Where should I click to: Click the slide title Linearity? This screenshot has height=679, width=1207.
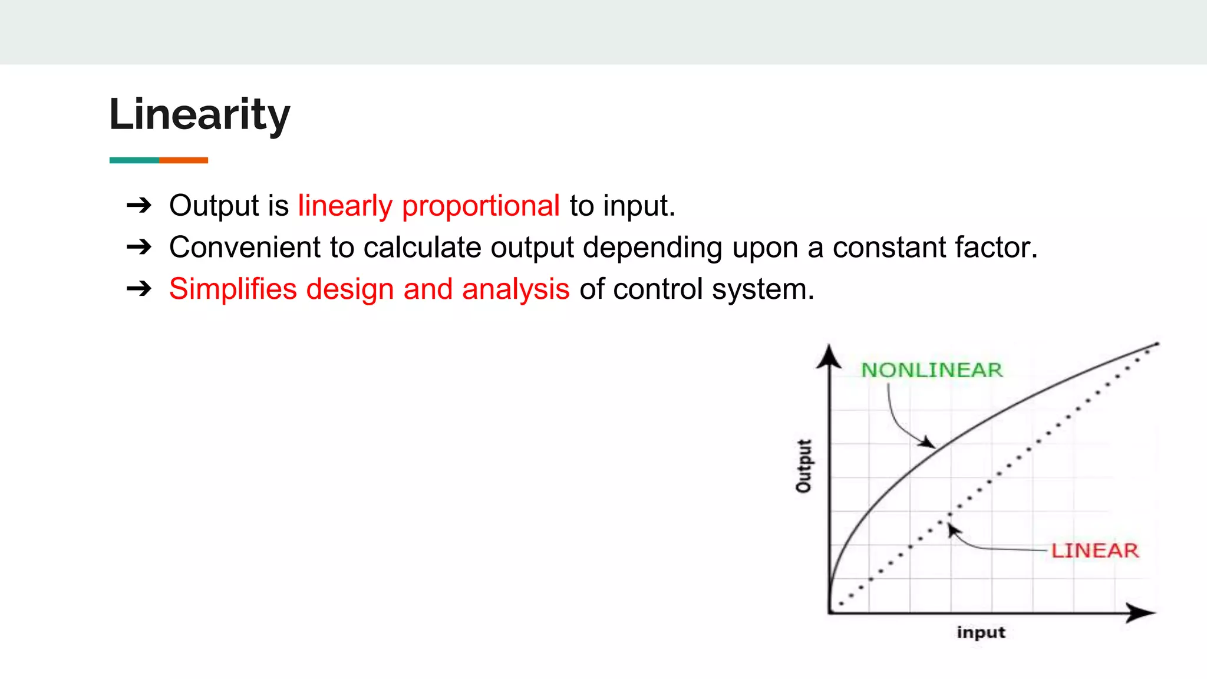[199, 114]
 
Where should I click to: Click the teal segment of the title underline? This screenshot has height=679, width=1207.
[134, 160]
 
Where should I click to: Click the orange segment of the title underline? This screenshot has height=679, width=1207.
[183, 160]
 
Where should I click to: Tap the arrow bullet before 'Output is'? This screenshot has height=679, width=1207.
[139, 206]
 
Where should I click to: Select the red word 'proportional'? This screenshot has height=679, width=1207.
[480, 206]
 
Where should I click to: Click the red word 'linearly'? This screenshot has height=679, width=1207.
[345, 206]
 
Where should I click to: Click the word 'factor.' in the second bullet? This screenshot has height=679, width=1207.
[996, 248]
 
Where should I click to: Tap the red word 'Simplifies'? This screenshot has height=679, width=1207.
[233, 289]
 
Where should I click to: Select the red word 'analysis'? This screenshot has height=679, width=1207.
[516, 289]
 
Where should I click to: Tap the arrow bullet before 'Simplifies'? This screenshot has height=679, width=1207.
[139, 289]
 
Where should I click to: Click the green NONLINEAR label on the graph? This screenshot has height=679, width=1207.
[931, 370]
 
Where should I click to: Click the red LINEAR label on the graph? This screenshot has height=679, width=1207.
[1094, 551]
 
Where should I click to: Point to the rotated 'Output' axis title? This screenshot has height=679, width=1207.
[804, 466]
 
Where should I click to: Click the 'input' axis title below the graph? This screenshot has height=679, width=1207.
[981, 632]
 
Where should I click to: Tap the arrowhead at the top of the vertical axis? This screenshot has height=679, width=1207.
[829, 357]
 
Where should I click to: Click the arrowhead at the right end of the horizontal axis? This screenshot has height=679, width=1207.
[1140, 613]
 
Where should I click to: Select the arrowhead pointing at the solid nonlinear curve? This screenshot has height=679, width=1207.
[928, 442]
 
